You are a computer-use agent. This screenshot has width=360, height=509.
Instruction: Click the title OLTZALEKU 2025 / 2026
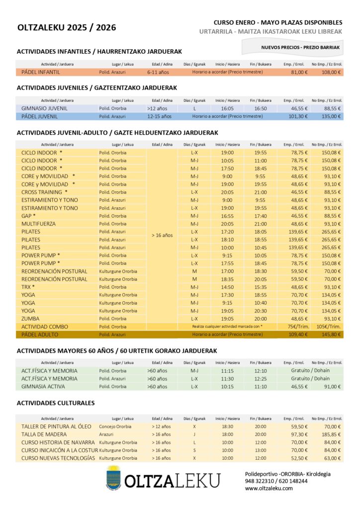point(66,28)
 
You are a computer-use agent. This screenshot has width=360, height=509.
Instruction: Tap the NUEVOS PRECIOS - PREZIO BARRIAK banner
point(300,47)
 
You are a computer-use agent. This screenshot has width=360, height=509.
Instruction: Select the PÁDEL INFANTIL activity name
point(41,72)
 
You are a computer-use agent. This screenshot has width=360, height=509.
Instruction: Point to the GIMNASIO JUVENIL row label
point(45,108)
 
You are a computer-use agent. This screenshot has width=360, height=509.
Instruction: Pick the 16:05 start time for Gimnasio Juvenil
point(227,108)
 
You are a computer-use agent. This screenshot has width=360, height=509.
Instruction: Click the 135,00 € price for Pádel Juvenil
point(331,116)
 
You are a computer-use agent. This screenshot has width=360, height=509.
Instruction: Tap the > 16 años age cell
point(162,235)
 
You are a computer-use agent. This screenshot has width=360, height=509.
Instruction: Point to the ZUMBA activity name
point(31,319)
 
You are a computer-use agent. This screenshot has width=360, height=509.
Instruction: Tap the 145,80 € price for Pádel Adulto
point(331,335)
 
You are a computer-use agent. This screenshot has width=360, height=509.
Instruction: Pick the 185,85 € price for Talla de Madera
point(331,434)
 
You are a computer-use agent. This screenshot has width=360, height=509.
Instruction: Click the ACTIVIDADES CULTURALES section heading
point(56,403)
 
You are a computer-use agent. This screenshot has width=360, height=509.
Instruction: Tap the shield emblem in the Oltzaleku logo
point(113,478)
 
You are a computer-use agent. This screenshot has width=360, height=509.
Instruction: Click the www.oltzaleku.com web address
point(269,488)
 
